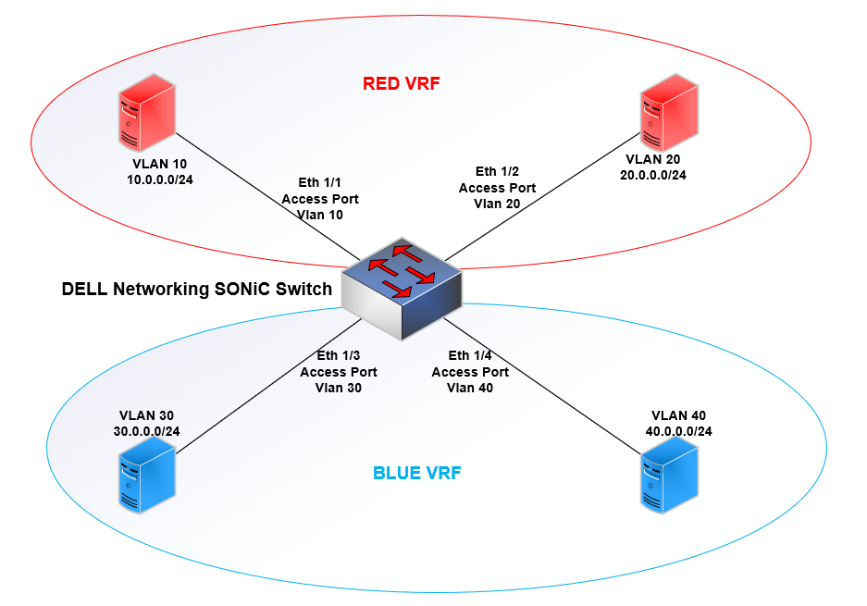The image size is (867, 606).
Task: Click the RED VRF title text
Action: click(401, 84)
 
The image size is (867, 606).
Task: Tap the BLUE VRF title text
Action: click(417, 474)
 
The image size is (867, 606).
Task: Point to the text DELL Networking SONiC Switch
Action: click(196, 289)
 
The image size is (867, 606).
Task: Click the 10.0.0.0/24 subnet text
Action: click(160, 179)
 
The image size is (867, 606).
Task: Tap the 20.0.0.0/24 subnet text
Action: click(653, 175)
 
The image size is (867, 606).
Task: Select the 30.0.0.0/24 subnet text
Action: click(147, 431)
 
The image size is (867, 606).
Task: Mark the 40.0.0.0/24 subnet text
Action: click(678, 431)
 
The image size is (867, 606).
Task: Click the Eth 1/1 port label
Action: click(320, 184)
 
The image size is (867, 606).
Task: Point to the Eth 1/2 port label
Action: click(497, 172)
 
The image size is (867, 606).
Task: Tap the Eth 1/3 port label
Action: click(339, 355)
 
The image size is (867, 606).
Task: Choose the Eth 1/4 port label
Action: click(470, 355)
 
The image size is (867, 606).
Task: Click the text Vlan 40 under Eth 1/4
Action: click(470, 389)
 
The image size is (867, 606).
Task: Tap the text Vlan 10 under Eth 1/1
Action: click(320, 215)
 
